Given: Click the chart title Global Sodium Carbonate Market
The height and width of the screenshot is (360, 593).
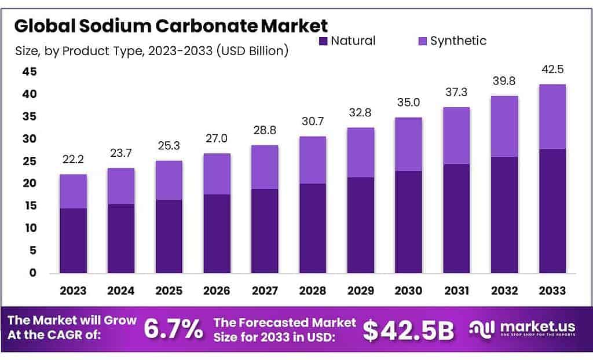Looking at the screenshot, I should pos(171,25).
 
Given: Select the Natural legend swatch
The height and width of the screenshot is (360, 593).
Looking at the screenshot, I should pos(323,41).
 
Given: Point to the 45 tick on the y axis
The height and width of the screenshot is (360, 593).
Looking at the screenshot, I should pos(30,72).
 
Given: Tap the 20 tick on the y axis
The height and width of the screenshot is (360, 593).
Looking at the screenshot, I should pos(30,183).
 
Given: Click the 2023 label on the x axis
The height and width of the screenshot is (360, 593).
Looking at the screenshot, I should pos(73,290).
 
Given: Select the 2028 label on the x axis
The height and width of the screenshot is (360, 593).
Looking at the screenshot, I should pos(313,290).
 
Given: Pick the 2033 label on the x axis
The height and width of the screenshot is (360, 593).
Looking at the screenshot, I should pos(552,290).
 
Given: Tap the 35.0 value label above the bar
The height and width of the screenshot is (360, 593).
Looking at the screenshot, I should pos(408,103).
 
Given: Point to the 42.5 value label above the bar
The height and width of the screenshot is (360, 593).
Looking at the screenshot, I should pos(552,69).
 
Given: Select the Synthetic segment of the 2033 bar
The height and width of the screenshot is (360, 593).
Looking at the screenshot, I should pos(552,116).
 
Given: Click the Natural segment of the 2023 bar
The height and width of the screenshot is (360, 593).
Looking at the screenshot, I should pos(73,240).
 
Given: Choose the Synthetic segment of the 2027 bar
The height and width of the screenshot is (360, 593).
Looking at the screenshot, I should pos(265,167).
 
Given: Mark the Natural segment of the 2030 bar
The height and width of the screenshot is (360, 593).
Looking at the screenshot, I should pos(408,222).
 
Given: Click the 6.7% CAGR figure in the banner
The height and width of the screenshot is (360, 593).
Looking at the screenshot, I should pos(173,329).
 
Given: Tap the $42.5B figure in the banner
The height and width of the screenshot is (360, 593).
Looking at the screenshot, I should pos(408,329).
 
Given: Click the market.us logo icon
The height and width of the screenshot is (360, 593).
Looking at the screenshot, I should pos(482,329).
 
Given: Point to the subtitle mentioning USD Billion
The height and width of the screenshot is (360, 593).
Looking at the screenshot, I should pos(152,51).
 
